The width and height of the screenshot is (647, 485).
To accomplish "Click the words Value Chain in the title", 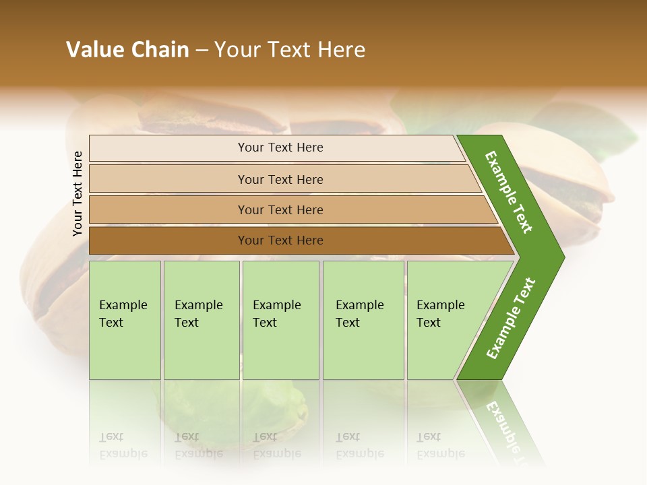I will point(127,50).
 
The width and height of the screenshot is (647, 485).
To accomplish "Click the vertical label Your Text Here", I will point(78,193).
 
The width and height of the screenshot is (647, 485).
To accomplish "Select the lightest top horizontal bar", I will point(168,148).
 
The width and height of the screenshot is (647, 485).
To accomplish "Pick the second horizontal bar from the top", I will point(168,179).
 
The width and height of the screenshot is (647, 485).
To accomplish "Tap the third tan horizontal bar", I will point(168,209).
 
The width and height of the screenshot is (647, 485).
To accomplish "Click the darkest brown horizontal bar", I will point(168,240).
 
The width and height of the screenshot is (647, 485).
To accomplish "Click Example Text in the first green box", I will point(123,313).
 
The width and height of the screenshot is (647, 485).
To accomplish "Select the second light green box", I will point(202,337).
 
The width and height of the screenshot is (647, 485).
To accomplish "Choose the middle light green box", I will point(280,337).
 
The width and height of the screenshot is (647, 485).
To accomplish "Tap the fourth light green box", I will point(363,337).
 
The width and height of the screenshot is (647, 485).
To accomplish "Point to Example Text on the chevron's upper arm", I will point(509,192).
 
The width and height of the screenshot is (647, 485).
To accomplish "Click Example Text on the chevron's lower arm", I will point(511,318).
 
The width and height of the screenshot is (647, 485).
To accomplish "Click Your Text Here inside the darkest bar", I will point(280,240).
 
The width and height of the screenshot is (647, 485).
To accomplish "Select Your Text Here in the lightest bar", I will point(280,148).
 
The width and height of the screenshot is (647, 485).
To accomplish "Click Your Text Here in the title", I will point(290,50).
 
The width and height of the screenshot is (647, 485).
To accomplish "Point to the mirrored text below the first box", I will point(123,445).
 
